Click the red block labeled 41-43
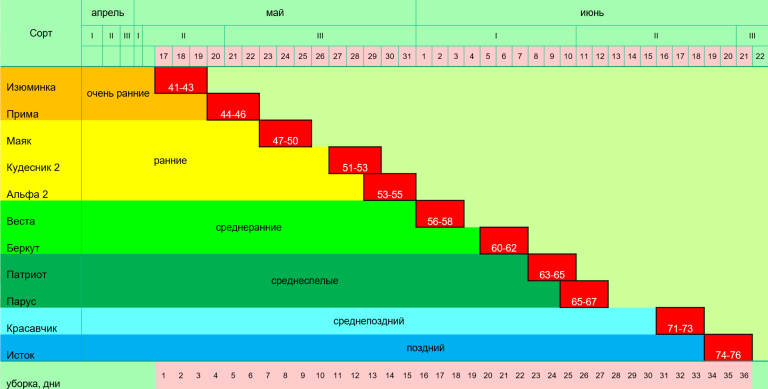point(181,80)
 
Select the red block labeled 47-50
point(285,133)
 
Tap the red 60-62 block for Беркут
point(504,240)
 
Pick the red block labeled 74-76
point(728,347)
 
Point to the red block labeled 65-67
point(584,294)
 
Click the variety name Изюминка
point(31,87)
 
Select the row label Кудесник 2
point(33,167)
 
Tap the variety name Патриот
point(26,274)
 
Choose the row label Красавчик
point(31,328)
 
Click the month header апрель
point(107,13)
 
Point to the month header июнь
point(592,13)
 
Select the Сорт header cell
point(41,33)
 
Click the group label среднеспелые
point(304,281)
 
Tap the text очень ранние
point(118,93)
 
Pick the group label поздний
point(425,348)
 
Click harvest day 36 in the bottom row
point(743,375)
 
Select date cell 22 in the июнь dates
point(760,56)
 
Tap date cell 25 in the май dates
point(302,56)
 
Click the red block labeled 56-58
point(440,214)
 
